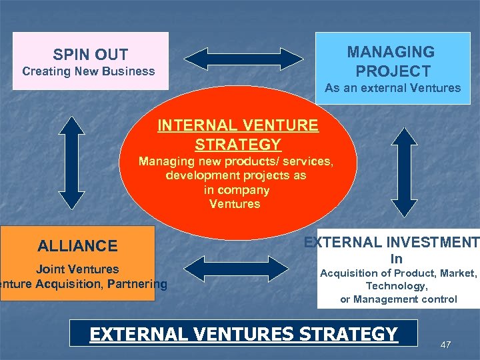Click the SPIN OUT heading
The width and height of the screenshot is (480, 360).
pos(91,55)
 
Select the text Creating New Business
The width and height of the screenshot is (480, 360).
pos(89,71)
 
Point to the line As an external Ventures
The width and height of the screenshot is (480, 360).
pos(393,88)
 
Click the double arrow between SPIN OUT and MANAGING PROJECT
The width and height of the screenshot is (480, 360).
pos(243,59)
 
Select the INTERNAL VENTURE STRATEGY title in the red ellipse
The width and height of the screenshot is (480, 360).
pos(238,135)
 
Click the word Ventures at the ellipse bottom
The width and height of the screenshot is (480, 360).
pos(235,204)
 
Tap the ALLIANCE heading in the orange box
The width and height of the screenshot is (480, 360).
pos(77,246)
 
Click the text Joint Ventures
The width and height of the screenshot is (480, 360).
pos(77,269)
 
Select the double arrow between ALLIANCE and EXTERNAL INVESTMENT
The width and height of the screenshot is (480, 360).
pos(236,267)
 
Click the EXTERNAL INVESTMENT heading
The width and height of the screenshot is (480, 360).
pos(391,243)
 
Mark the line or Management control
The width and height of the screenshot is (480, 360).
pos(399,299)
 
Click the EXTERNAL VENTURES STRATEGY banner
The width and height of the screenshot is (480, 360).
pos(243,334)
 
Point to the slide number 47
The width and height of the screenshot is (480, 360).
pos(446,345)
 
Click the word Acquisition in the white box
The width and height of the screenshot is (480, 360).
pos(353,273)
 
